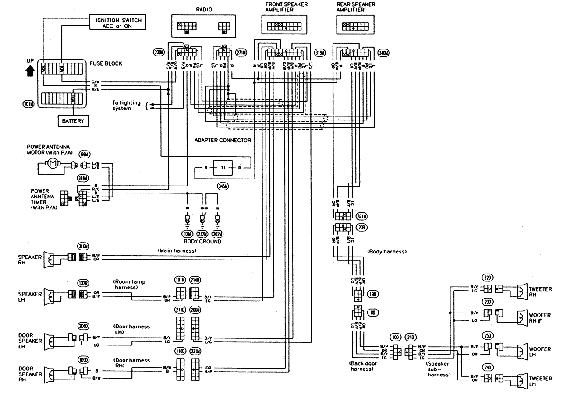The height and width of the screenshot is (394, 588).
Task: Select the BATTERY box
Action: [73, 120]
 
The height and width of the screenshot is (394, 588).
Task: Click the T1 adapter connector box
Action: [223, 167]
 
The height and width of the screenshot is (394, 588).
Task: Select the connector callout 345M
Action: [223, 187]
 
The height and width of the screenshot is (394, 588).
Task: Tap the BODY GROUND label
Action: [202, 241]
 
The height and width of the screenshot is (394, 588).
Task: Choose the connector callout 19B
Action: [373, 295]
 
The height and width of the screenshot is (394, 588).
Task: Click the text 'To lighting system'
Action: [126, 106]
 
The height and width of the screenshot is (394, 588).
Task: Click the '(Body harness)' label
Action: [387, 252]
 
